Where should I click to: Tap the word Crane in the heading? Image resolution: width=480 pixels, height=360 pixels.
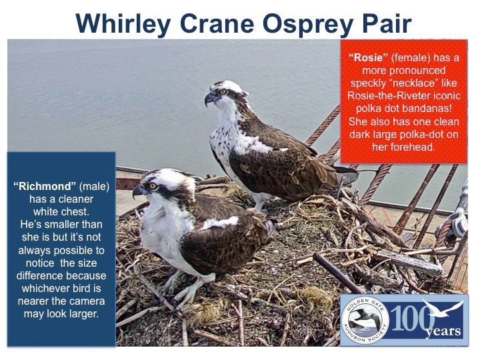(217, 23)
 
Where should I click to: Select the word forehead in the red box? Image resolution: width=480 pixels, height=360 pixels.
(417, 147)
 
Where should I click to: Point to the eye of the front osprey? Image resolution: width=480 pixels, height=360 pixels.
(152, 185)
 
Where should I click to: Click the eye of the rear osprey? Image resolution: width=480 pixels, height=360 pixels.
(223, 91)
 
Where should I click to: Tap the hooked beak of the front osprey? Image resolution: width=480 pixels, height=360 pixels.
(139, 191)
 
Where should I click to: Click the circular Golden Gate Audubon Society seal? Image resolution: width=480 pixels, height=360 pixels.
(365, 321)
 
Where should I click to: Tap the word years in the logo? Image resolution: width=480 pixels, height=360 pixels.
(443, 331)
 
